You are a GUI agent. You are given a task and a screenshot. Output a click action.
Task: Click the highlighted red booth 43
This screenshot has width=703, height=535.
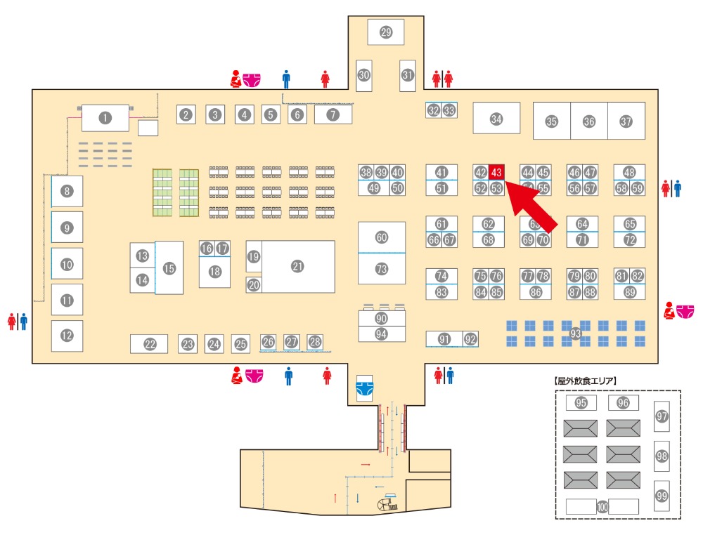click(x=496, y=172)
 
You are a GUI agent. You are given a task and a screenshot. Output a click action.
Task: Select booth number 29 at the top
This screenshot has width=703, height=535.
click(x=385, y=32)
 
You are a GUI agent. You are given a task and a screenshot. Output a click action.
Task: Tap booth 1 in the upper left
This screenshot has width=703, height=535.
click(x=105, y=118)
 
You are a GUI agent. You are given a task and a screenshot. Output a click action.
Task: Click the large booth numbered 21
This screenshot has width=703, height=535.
click(x=297, y=266)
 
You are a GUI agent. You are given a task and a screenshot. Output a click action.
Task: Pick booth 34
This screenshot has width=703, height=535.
click(x=496, y=119)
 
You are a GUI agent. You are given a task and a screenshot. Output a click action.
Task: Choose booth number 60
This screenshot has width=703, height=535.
click(x=382, y=237)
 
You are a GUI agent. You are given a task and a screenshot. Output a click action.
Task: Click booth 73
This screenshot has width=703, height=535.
click(x=382, y=269)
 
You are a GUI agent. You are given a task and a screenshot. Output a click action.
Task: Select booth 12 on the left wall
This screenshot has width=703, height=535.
click(x=67, y=336)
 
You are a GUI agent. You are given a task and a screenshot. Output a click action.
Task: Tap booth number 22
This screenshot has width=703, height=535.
click(x=150, y=344)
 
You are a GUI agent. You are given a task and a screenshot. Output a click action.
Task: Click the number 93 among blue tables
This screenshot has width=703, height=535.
click(x=576, y=333)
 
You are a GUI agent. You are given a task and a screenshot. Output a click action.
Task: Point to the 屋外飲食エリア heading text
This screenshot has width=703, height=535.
click(x=586, y=381)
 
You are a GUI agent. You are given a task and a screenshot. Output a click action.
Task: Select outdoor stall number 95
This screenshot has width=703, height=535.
click(x=581, y=403)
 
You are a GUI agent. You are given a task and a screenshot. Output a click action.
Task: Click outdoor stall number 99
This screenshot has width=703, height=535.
click(x=662, y=496)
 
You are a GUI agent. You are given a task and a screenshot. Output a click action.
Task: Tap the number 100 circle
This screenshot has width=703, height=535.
click(x=602, y=506)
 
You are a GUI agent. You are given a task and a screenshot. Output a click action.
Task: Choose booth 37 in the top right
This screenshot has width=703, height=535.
click(x=626, y=121)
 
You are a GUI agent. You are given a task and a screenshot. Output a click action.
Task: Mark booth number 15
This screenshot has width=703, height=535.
click(x=169, y=267)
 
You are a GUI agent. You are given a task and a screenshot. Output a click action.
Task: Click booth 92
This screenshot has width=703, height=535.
click(x=470, y=339)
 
